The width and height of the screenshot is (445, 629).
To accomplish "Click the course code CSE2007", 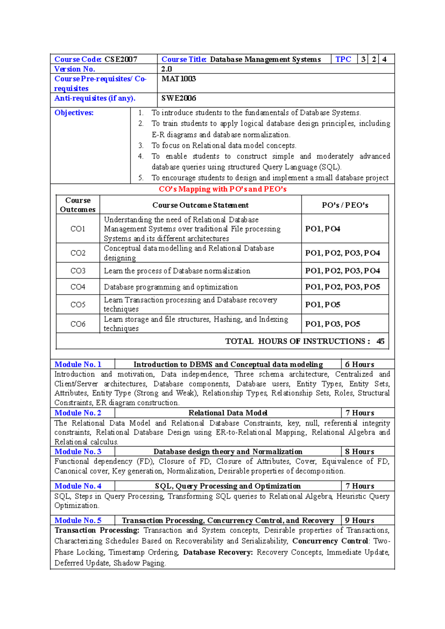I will coord(121,59).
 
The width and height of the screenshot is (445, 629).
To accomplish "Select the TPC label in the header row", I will coord(343,59).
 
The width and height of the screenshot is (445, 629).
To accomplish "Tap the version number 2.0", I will coord(167,69).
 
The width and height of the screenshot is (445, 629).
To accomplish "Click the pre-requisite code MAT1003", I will coord(179,79).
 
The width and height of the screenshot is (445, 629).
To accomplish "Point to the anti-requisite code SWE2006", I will coord(179,98).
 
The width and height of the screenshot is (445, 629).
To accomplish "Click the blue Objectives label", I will coord(74,113).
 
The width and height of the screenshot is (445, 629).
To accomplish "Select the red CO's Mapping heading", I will coord(222,189).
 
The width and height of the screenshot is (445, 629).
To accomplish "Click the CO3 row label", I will coord(78,271).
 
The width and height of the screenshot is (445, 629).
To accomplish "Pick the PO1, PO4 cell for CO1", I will coord(323,229).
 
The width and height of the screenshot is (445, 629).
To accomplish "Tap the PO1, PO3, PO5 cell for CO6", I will coord(333,324).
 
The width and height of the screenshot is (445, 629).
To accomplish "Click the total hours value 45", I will coord(380,341).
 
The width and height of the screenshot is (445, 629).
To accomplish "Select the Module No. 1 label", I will coord(78,365).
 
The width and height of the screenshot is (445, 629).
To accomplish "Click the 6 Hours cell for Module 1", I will coord(359,365).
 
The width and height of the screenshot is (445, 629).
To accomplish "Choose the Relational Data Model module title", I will coord(228,413).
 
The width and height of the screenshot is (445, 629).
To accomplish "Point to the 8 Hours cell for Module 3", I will coord(359,452).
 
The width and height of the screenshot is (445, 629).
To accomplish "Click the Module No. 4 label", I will coord(78,486).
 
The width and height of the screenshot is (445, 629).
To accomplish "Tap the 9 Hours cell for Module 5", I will coord(359,520).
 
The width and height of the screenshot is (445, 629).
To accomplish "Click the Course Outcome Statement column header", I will coord(200,205).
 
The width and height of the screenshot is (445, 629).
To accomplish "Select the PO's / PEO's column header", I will coord(345,205).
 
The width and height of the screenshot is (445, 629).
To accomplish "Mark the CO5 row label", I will coord(78,304).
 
